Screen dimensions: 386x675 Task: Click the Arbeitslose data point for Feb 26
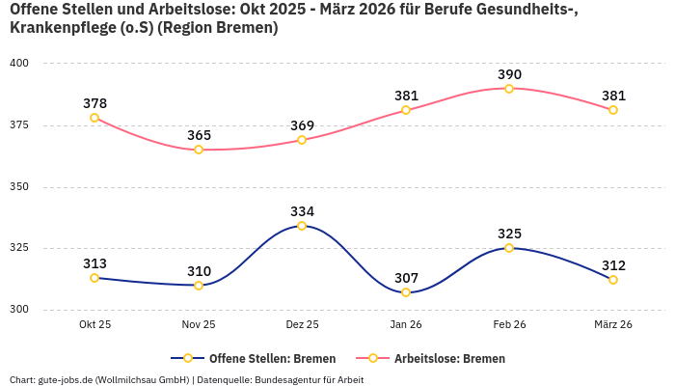509,89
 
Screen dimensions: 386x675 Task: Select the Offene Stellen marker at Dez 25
302,226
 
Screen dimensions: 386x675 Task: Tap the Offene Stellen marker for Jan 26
406,292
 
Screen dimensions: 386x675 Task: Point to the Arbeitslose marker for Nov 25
199,150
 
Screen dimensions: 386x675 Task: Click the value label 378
94,103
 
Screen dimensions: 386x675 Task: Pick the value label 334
302,211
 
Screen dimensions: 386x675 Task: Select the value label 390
509,74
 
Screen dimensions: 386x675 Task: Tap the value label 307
406,278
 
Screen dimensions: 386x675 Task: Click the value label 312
613,265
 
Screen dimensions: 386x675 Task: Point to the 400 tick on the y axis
20,64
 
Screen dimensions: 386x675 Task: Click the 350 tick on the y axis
20,187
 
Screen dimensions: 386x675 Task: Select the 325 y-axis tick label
20,248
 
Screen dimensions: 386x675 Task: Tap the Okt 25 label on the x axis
94,325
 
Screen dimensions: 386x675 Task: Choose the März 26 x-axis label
613,325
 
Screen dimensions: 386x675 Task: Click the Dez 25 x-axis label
302,325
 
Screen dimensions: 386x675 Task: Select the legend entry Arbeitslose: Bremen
448,358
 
